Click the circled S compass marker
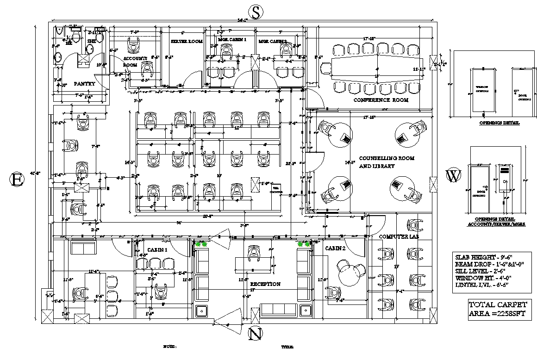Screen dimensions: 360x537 coord(255,11)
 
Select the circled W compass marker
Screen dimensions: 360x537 coord(453,176)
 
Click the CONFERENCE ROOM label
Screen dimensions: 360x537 coord(381,100)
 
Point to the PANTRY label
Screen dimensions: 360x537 coord(84,84)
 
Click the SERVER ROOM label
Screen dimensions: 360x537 coord(187,41)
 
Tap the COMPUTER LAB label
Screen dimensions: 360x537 coord(399,236)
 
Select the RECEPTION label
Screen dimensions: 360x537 coord(265,284)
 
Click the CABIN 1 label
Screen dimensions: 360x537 coord(157,250)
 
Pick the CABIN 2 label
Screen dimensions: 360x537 coord(335,248)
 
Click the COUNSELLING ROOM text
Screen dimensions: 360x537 coord(387,158)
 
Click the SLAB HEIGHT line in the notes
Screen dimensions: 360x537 coord(483,257)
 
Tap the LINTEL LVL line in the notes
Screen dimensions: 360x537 coord(482,285)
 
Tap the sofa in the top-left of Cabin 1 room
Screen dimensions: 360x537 coord(83,248)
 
